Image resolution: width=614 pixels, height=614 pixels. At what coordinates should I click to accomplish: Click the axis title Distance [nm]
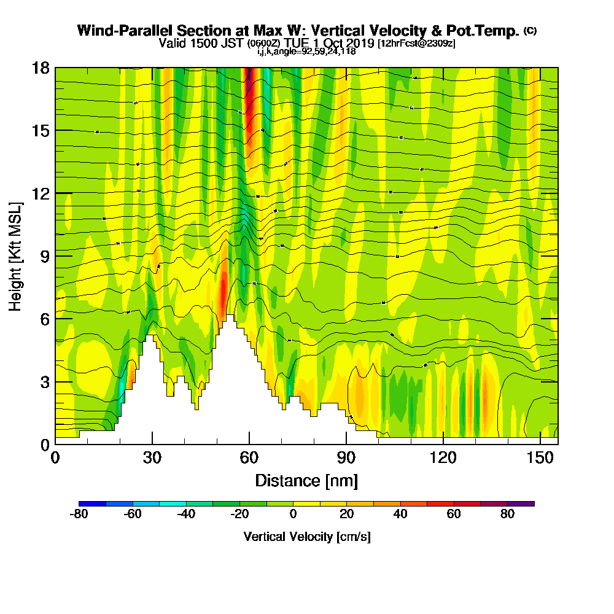coord(306,480)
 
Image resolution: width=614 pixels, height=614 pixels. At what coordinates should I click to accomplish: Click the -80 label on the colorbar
coord(80,514)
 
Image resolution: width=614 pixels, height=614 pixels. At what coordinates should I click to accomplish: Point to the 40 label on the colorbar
coord(400,514)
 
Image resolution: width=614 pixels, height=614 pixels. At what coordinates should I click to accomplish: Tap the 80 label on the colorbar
coord(507,514)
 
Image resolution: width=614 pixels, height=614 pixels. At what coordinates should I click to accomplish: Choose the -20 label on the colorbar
coord(240,514)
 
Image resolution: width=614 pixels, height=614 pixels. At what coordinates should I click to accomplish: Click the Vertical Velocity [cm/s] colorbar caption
coord(307,537)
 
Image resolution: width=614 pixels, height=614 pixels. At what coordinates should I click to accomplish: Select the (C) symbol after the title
coord(530,30)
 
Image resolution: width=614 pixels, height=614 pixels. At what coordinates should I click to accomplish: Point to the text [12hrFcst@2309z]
coord(416,43)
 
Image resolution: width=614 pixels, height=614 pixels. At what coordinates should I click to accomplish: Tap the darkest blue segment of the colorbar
coord(93,503)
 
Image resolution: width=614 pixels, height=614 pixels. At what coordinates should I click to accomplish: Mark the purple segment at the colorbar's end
coord(521,503)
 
